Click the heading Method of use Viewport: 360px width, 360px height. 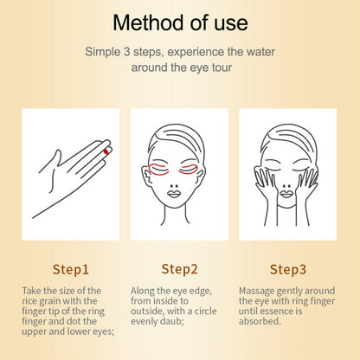coord(179,22)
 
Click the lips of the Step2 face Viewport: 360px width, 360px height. coord(180,195)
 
